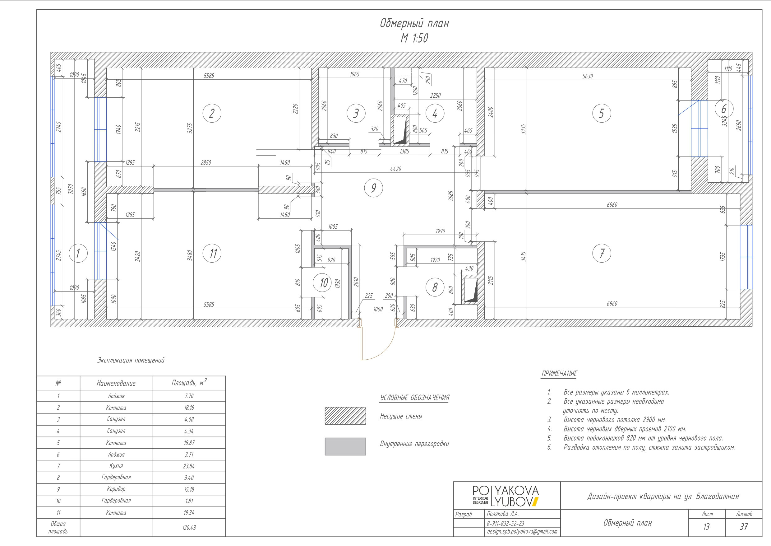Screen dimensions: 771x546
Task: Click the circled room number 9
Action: (x=374, y=188)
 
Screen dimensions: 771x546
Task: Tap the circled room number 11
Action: (x=212, y=253)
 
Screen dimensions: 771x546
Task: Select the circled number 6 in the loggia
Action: (x=724, y=109)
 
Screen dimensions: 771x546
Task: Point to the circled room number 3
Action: (x=356, y=113)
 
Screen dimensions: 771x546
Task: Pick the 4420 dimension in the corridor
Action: (x=395, y=169)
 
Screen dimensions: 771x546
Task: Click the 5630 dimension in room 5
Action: (x=588, y=76)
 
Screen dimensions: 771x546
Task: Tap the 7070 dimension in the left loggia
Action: (x=70, y=189)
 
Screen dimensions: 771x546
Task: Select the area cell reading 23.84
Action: (x=189, y=466)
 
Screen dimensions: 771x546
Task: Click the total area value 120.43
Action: (x=189, y=528)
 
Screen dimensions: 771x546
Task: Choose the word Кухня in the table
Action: (x=116, y=466)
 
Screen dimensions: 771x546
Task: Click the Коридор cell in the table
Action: (x=116, y=489)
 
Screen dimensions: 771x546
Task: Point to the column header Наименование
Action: (x=116, y=383)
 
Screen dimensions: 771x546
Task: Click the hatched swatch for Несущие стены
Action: (x=345, y=416)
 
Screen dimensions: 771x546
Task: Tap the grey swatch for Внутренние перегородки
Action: (x=345, y=446)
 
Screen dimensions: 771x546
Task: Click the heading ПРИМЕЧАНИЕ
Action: (x=559, y=374)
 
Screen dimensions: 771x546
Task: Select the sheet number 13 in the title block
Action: (x=707, y=526)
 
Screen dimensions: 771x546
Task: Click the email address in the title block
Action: (x=522, y=532)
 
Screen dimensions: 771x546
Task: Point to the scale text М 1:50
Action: (x=414, y=38)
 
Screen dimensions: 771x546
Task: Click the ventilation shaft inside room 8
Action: (x=469, y=290)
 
